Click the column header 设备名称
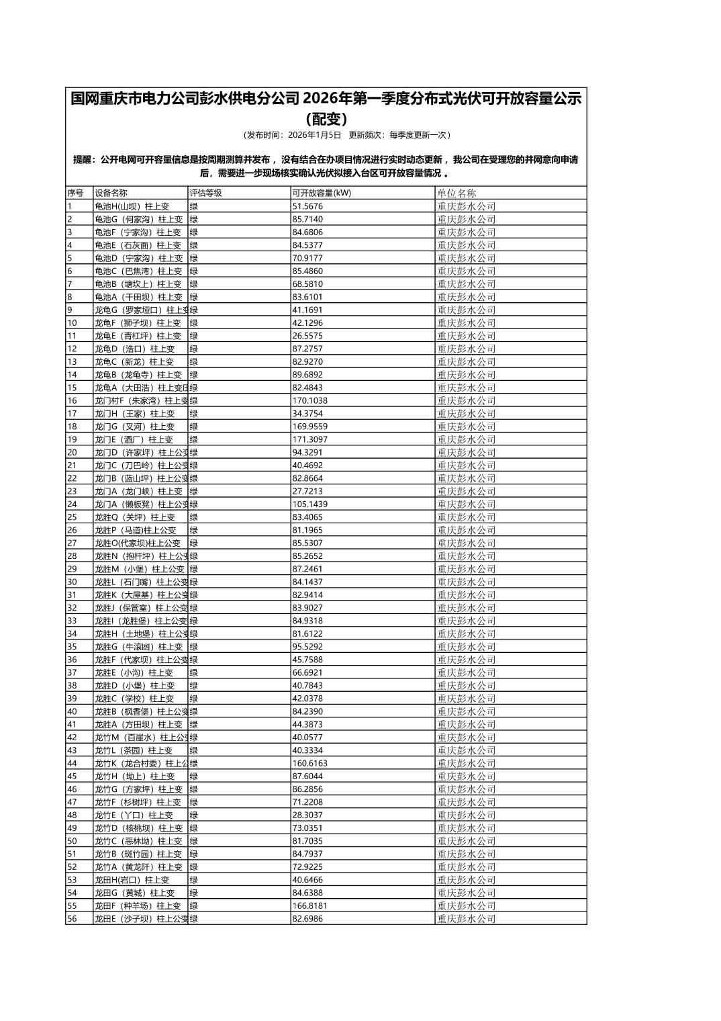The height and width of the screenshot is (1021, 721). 111,193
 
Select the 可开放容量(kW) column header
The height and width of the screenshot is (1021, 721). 322,193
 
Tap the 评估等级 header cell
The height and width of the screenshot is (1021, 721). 205,193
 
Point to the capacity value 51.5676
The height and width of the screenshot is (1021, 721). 307,206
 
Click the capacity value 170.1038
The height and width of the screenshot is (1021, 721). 310,400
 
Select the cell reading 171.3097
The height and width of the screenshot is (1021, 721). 310,439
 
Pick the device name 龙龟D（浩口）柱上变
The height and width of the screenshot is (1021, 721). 134,349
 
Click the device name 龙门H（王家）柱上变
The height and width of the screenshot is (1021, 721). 134,414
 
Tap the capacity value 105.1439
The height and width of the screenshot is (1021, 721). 310,504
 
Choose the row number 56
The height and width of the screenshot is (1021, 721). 72,919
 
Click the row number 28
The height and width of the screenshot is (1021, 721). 72,556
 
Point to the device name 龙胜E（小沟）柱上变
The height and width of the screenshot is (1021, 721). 134,672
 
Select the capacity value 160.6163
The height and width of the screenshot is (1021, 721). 310,763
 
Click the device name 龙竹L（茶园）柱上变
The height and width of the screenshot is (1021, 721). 134,750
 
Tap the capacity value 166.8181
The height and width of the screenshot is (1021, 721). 310,905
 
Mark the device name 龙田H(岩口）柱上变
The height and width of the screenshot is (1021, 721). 132,880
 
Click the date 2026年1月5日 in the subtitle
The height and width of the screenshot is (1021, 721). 314,135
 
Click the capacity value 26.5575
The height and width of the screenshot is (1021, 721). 307,336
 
